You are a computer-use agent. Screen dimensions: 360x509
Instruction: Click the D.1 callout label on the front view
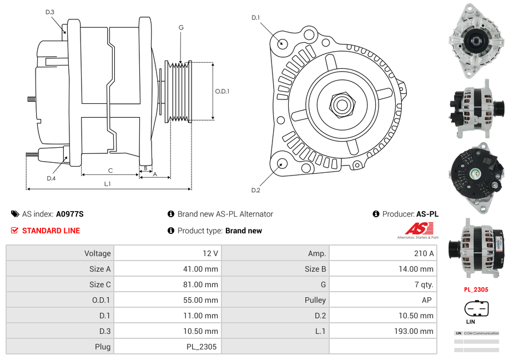255,18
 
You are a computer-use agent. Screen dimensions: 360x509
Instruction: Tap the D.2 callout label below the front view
255,191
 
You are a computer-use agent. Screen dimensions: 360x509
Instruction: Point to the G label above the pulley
181,27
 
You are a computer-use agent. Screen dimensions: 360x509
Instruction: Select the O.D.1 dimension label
222,92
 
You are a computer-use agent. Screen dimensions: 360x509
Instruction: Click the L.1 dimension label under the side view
108,184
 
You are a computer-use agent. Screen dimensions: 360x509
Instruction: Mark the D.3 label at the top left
50,12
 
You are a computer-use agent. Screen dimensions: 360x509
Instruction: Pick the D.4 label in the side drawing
51,178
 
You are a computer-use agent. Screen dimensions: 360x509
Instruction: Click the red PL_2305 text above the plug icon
476,289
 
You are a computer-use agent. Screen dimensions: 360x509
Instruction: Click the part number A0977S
69,214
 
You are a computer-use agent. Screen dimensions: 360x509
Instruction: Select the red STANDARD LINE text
51,231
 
